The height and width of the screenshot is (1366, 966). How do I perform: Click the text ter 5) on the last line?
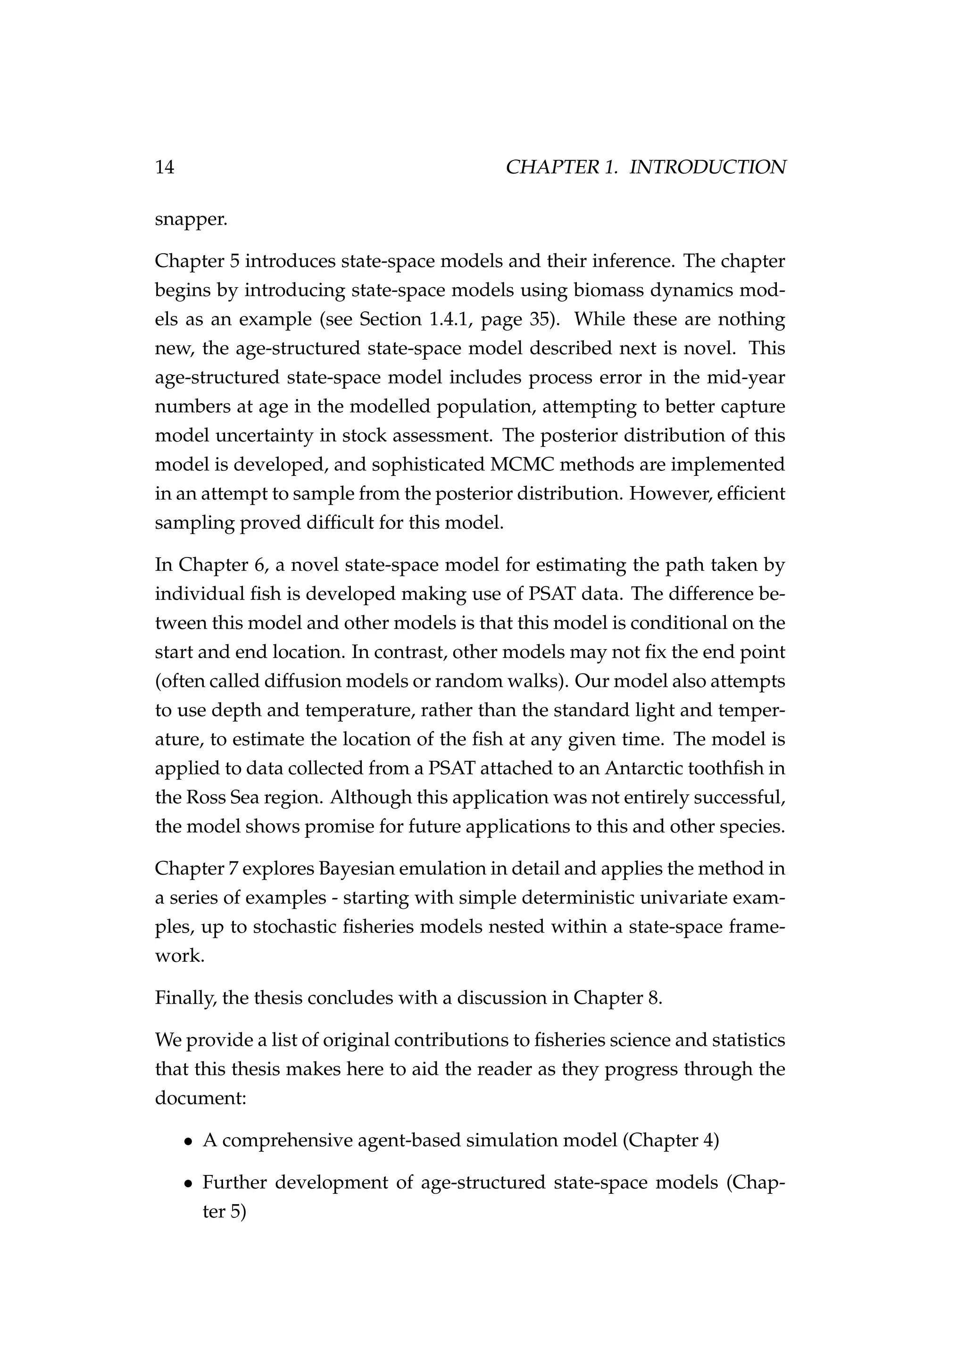224,1211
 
